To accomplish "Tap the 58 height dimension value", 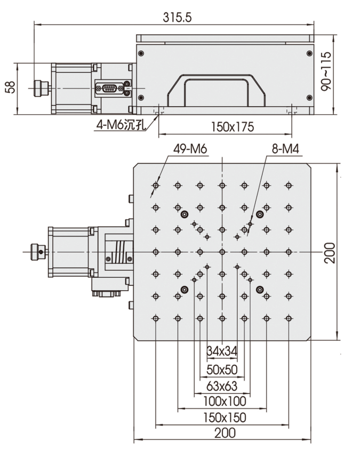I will (9, 88).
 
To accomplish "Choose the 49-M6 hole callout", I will (190, 150).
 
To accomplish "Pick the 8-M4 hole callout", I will (285, 150).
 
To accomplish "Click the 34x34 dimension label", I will (221, 351).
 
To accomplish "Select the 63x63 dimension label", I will (221, 386).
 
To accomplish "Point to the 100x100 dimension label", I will (221, 401).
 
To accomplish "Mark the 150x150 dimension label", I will (221, 417).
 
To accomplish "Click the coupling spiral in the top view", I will (121, 251).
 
